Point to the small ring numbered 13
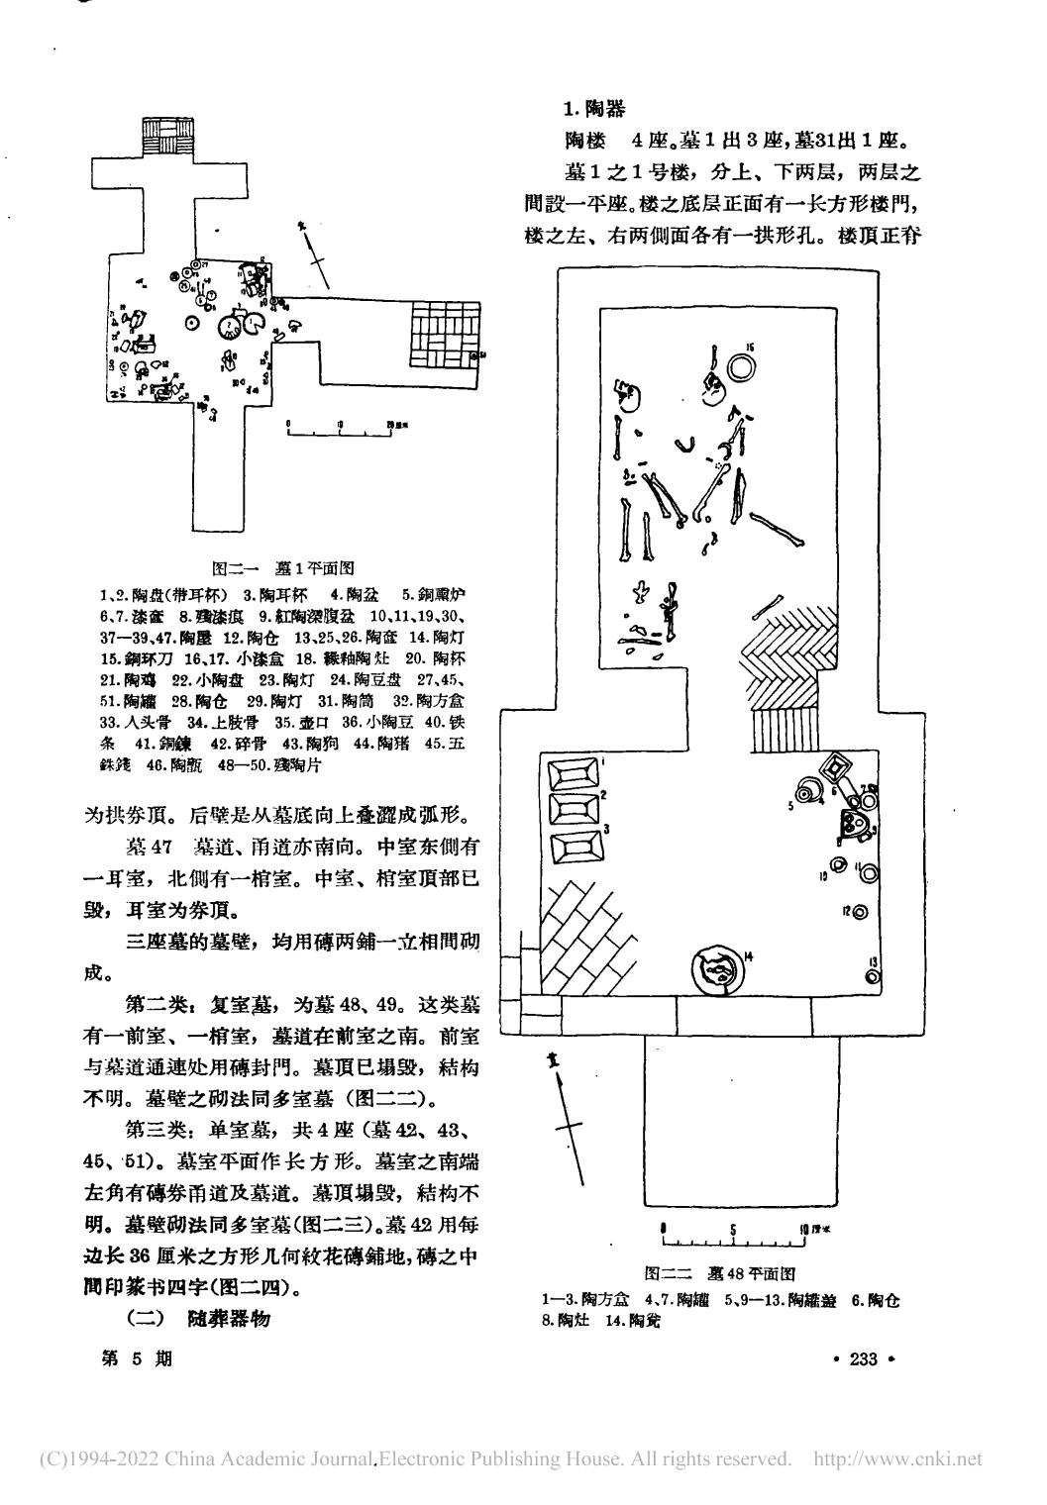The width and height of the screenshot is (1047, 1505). [872, 976]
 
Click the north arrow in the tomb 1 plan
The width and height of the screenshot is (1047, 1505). [314, 248]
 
